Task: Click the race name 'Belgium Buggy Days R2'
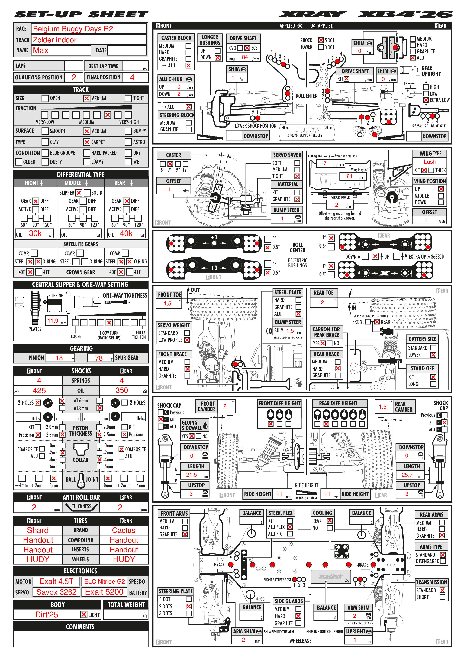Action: coord(73,29)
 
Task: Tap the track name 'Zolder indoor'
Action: coord(55,40)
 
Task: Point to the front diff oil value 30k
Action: coord(35,233)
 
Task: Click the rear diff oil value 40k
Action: coord(126,233)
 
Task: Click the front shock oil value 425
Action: coord(39,391)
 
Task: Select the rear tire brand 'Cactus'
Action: coord(124,530)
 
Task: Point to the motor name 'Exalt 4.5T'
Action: coord(56,581)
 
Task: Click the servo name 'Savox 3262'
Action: coord(56,592)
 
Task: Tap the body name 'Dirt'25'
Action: coord(47,615)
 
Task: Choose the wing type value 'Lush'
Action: coord(429,162)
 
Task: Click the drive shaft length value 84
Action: coord(245,57)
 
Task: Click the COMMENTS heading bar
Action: coord(81,627)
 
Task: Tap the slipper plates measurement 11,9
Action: coord(53,321)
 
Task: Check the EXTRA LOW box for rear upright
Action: coord(426,100)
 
